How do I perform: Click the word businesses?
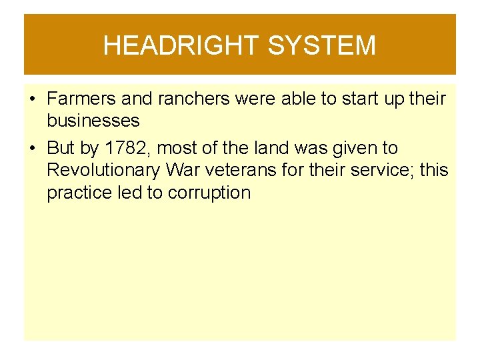click(x=93, y=121)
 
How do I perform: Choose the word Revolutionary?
click(x=103, y=171)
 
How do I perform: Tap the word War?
click(x=183, y=171)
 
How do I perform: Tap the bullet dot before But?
click(x=32, y=148)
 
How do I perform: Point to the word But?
click(x=61, y=147)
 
